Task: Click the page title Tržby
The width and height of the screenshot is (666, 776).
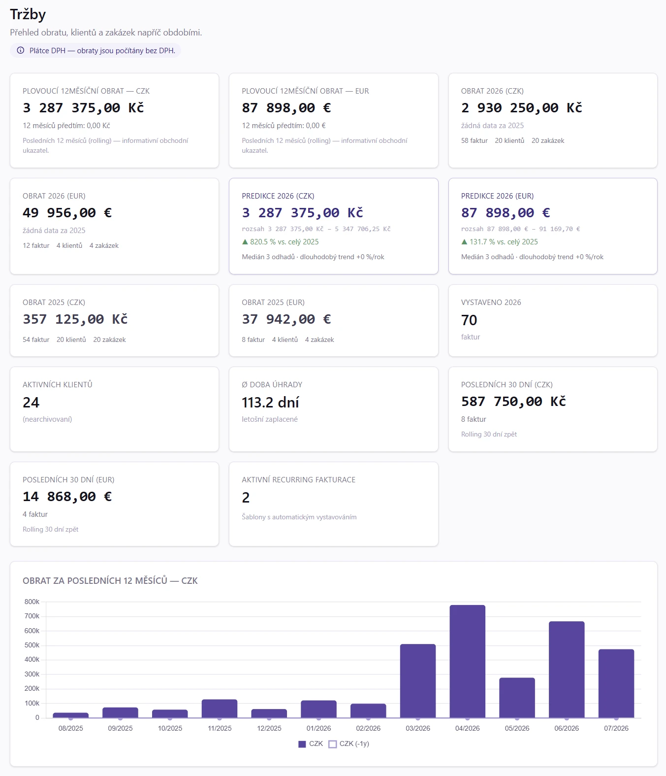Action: click(x=28, y=14)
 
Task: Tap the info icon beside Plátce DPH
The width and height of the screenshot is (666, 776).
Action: click(x=21, y=50)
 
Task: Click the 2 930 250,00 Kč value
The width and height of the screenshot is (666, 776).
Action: click(x=522, y=108)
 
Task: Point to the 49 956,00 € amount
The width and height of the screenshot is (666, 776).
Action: click(x=67, y=213)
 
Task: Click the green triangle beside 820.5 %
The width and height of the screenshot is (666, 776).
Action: click(x=245, y=242)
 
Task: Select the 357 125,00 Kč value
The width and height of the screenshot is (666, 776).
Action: click(x=75, y=319)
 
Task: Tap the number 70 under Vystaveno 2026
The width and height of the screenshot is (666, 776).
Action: click(x=469, y=320)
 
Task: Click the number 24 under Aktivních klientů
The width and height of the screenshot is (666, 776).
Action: click(x=31, y=403)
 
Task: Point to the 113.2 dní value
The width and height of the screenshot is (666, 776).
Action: click(x=270, y=403)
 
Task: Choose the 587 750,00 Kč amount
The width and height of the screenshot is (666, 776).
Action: click(x=513, y=402)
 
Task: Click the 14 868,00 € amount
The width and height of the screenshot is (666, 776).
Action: click(x=67, y=496)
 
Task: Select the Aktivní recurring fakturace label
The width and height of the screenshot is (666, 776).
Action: click(x=298, y=479)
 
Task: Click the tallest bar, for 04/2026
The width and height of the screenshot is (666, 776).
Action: click(x=467, y=661)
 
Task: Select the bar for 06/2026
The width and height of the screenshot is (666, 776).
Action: click(x=567, y=670)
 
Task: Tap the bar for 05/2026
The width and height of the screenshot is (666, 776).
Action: click(x=517, y=698)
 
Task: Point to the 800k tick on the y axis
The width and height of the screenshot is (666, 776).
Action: click(x=32, y=602)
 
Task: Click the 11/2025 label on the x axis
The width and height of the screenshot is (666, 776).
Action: click(x=220, y=728)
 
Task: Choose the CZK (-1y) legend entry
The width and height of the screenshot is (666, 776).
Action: click(x=349, y=743)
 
